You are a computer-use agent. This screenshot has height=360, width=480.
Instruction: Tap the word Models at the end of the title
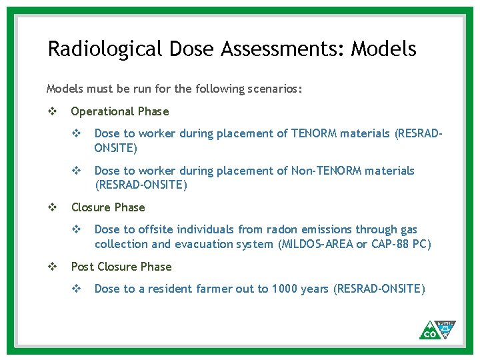(x=383, y=49)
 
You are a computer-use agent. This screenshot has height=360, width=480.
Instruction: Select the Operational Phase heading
(x=120, y=111)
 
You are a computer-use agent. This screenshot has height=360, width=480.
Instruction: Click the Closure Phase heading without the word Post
(x=108, y=207)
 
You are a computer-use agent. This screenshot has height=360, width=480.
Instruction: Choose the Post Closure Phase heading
(x=121, y=267)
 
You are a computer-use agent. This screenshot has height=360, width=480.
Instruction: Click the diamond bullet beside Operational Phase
(x=52, y=111)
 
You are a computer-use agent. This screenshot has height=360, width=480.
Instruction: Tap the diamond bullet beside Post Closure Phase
(x=52, y=267)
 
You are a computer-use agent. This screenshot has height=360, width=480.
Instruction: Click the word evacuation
(x=200, y=244)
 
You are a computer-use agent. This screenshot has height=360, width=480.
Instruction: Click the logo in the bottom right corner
(x=437, y=329)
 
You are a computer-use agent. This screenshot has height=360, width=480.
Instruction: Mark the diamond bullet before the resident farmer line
(x=76, y=289)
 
